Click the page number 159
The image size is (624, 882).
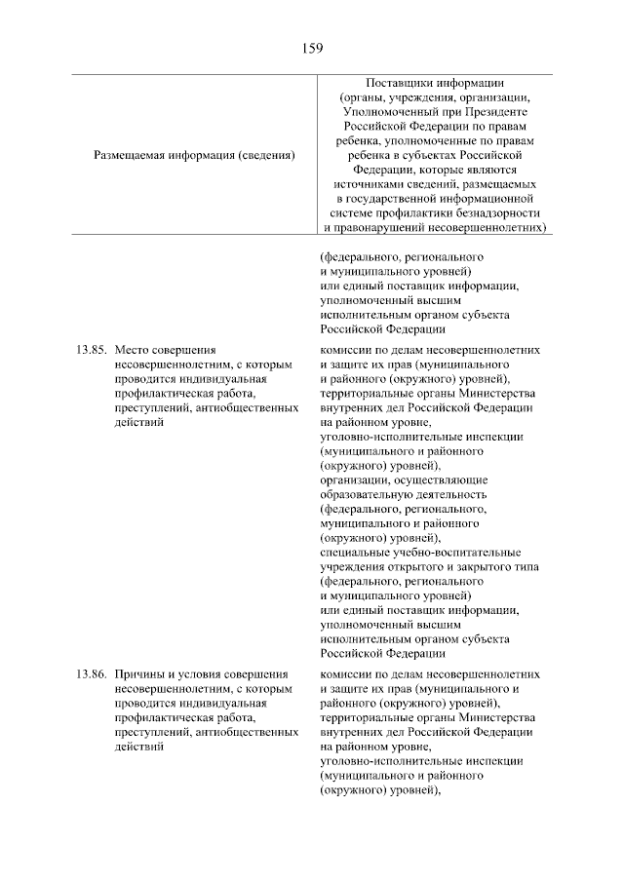[311, 47]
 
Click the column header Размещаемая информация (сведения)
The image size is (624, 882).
[194, 154]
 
